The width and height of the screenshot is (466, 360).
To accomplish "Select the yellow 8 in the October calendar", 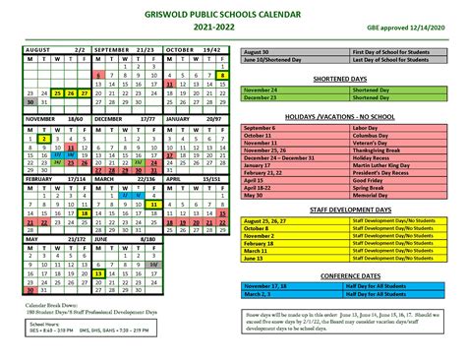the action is click(223, 74).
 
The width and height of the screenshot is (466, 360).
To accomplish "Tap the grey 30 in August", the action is click(31, 101).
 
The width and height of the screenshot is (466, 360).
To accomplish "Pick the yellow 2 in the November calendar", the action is click(44, 140).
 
